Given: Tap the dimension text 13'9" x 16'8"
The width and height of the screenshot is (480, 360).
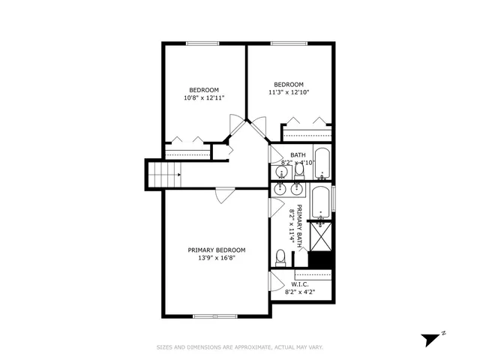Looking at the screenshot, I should tap(216, 258).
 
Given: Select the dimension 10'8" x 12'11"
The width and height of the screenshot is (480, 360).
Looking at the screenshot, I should tap(204, 97).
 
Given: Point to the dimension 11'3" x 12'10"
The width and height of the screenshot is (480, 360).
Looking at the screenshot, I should tap(289, 92).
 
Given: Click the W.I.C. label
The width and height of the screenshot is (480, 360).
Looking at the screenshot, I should tap(299, 284).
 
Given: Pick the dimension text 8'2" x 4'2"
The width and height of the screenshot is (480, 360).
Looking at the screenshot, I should tap(299, 292).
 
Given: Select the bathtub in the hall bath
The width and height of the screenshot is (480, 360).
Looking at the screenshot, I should tap(322, 164).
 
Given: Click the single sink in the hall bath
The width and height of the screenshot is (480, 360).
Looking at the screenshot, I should tap(282, 172).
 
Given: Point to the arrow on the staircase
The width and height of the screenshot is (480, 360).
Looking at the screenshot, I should tap(178, 175).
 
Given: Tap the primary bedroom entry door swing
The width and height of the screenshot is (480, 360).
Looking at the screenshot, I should tap(224, 196).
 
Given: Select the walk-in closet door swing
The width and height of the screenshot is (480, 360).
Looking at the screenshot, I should tap(276, 282).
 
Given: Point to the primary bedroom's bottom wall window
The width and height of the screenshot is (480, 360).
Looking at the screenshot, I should tap(215, 316).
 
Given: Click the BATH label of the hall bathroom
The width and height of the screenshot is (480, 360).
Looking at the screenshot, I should tap(298, 155).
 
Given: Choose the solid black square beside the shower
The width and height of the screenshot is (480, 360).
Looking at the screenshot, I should tap(320, 259).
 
